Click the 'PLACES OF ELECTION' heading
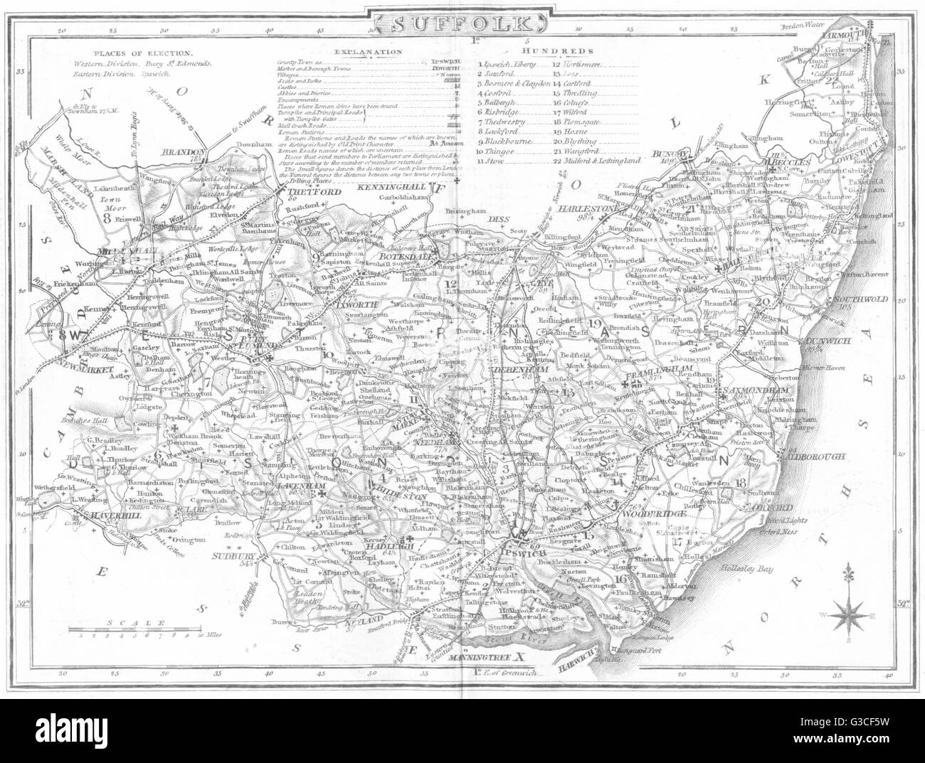(142, 53)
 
